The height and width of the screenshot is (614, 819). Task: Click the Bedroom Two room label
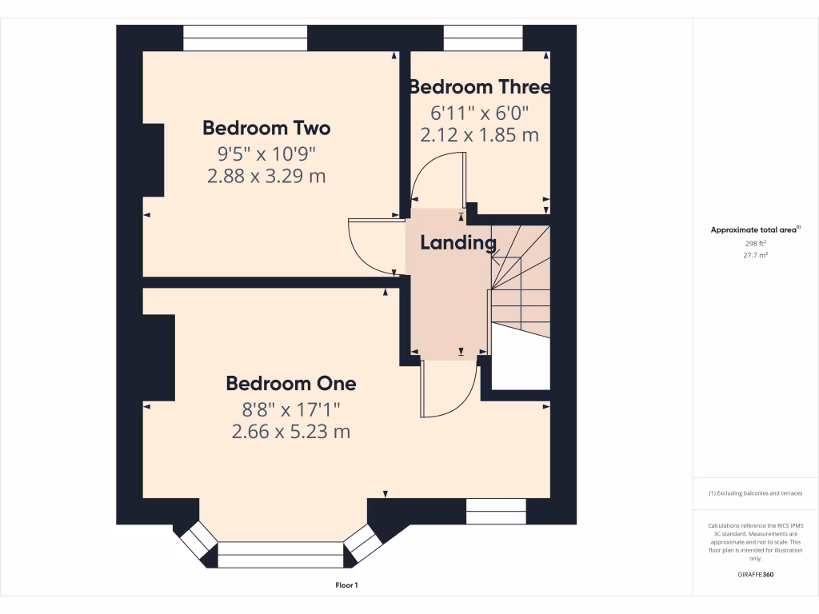266,128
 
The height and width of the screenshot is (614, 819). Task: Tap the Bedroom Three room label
479,86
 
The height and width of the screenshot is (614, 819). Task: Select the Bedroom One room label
291,384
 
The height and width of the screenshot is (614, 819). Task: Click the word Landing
458,243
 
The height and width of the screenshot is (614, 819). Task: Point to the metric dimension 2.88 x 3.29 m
266,177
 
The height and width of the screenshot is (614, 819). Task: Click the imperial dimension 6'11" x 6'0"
479,113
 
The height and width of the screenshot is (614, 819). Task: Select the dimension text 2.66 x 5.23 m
291,433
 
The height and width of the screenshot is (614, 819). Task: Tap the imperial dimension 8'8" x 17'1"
291,409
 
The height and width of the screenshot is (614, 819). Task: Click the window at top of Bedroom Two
245,38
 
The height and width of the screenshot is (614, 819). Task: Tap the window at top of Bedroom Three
483,38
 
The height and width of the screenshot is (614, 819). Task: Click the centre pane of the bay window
281,555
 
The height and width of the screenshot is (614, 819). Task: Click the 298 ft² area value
756,243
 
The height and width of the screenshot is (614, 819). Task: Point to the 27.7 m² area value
756,256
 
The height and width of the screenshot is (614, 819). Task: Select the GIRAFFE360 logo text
756,575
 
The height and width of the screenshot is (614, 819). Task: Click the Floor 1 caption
346,585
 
